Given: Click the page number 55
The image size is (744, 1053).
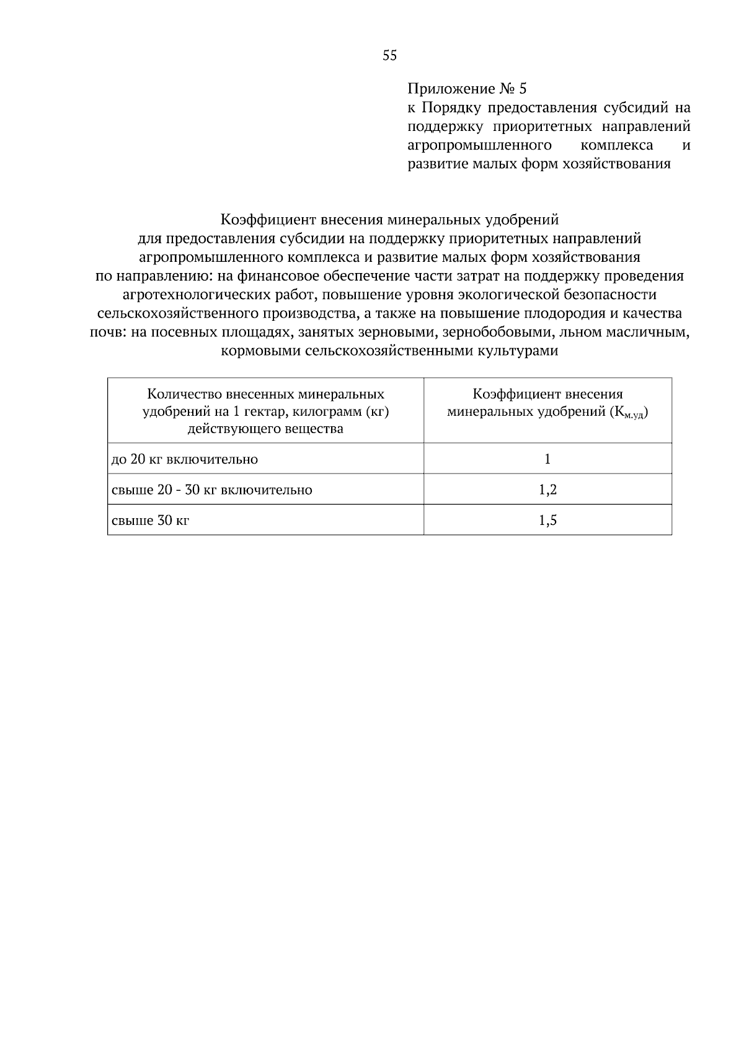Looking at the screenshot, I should [389, 56].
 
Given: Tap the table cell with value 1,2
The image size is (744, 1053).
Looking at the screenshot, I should [547, 490].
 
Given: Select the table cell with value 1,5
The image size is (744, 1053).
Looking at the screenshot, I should [547, 520].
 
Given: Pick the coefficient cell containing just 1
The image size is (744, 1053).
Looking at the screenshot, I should [547, 459].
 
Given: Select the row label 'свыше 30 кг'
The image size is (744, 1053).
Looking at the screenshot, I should [150, 520].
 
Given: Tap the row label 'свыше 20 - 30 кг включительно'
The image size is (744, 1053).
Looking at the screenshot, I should [211, 490].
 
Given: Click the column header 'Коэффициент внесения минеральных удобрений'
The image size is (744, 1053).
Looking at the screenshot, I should [547, 402].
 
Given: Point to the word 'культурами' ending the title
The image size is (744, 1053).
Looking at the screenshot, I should [521, 351].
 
